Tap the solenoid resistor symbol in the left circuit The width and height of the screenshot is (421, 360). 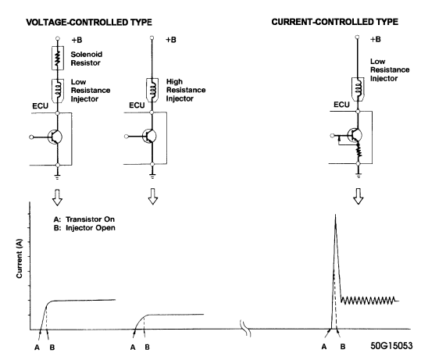click(x=59, y=58)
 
